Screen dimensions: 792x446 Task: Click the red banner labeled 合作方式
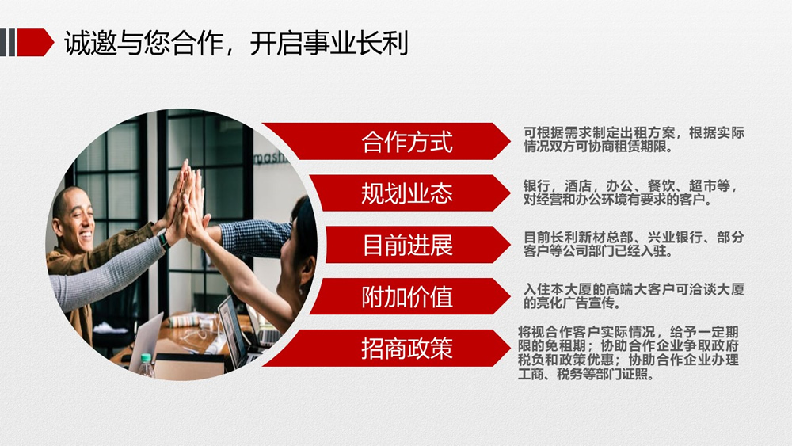click(386, 142)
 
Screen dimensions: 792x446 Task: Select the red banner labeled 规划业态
click(409, 193)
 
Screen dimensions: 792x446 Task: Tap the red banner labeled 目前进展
click(417, 245)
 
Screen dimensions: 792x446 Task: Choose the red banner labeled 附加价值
click(409, 296)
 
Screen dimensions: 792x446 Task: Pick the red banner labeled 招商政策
click(386, 349)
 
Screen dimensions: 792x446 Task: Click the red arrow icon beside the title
click(36, 42)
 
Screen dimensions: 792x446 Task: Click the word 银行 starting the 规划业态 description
click(536, 186)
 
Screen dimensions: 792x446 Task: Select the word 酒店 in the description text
click(578, 186)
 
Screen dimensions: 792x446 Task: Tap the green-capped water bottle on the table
click(146, 366)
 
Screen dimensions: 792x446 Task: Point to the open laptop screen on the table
click(230, 331)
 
